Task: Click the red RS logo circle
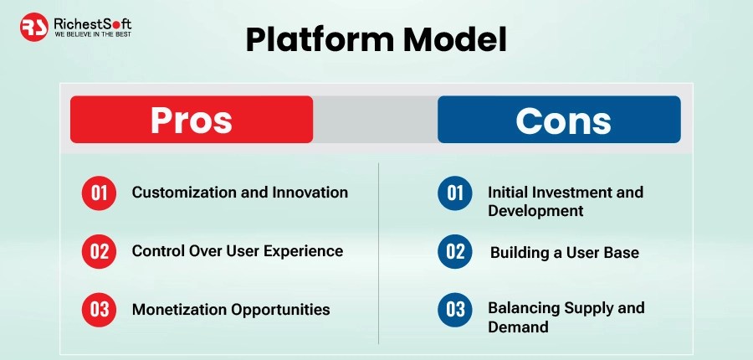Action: point(34,27)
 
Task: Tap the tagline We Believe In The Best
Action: point(93,34)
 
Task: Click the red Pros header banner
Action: point(192,119)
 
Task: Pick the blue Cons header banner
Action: point(559,119)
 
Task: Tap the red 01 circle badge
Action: point(99,193)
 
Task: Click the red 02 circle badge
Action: point(99,251)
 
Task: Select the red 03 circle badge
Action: point(99,310)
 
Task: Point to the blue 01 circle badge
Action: point(455,193)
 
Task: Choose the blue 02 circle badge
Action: point(455,251)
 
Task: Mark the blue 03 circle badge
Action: point(455,310)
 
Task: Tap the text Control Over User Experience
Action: point(238,251)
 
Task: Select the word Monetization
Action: point(180,309)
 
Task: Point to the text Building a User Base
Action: point(565,253)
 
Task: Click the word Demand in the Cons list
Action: point(518,327)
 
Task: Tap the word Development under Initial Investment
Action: point(536,212)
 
